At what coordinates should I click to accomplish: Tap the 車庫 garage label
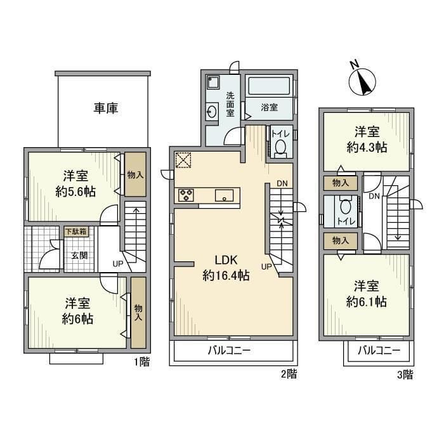106,108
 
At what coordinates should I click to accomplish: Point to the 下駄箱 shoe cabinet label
75,232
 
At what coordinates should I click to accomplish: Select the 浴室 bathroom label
270,108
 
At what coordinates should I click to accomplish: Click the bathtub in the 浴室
270,87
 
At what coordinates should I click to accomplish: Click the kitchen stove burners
186,195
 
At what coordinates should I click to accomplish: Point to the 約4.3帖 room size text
367,147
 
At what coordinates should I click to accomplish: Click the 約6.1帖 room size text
367,302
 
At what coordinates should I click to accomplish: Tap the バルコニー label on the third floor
378,351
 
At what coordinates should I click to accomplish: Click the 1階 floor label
141,363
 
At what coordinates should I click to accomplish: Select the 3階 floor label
405,374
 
